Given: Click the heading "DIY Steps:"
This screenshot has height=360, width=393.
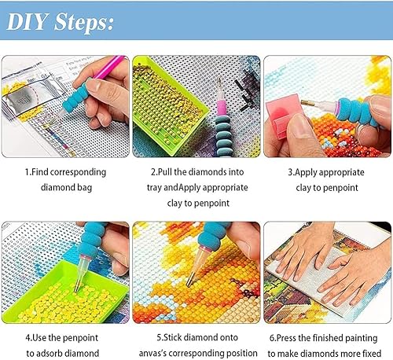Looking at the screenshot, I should (60, 22).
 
